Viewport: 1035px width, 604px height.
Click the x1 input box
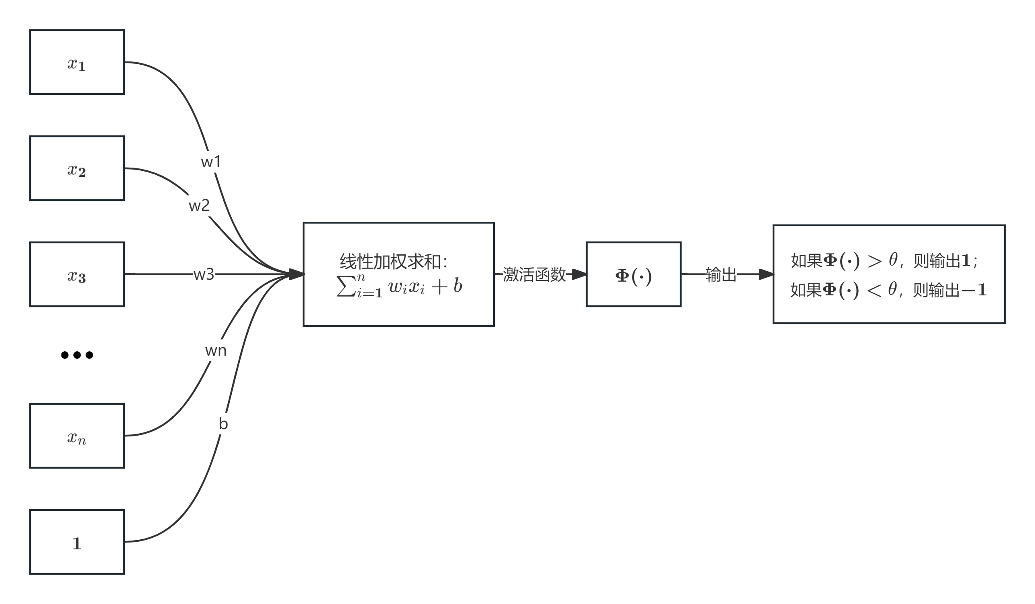click(77, 62)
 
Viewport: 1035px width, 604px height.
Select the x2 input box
click(77, 168)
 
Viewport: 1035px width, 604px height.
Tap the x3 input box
click(77, 274)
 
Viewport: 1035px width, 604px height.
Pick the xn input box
click(77, 436)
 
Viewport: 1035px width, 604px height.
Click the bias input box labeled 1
click(77, 542)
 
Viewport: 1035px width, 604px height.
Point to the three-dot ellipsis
click(77, 355)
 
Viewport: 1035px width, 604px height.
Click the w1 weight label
click(211, 162)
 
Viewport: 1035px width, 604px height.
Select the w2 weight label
click(199, 205)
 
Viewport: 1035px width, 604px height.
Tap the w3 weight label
click(204, 274)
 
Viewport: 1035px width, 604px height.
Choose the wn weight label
click(216, 350)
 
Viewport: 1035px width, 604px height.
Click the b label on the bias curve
click(223, 424)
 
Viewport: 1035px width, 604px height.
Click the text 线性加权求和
click(393, 262)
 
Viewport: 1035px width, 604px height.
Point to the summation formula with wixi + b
click(399, 287)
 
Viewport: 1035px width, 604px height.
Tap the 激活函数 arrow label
click(534, 274)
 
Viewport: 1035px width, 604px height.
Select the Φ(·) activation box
click(633, 274)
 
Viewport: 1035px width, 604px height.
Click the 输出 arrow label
click(721, 274)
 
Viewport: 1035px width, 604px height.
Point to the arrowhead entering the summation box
click(296, 274)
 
